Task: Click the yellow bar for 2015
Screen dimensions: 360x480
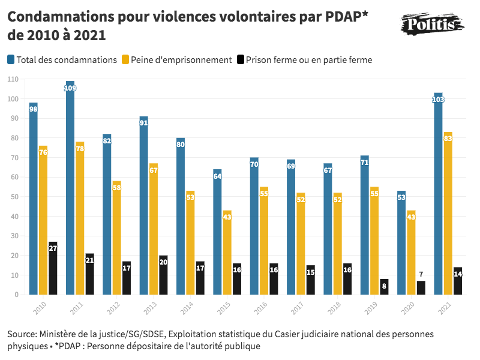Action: click(x=227, y=253)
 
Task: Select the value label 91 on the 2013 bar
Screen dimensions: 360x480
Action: click(x=144, y=123)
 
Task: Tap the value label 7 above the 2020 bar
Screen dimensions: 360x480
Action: click(x=421, y=274)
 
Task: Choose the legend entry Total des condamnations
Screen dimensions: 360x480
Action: click(x=67, y=59)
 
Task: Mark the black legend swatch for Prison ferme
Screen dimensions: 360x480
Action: click(x=241, y=59)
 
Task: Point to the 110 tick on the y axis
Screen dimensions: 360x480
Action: click(x=13, y=79)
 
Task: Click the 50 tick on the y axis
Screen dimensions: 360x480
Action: click(x=13, y=197)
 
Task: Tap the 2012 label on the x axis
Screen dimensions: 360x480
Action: click(x=112, y=307)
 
